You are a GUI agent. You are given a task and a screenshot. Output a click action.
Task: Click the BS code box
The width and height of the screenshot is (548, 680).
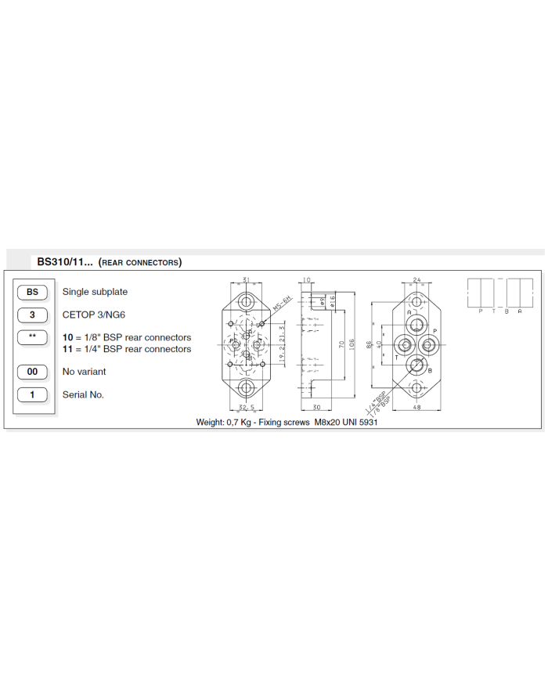pyautogui.click(x=32, y=292)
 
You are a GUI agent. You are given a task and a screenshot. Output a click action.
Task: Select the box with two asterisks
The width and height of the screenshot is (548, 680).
pyautogui.click(x=32, y=338)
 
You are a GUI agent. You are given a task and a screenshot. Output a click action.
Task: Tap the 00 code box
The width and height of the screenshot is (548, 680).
pyautogui.click(x=32, y=372)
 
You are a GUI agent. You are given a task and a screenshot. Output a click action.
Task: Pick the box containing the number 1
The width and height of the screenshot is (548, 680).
pyautogui.click(x=32, y=394)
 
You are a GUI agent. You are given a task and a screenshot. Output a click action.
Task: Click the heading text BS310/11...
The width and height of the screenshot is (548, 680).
pyautogui.click(x=65, y=261)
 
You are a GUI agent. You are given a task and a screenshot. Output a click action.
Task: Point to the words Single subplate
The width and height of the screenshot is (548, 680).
pyautogui.click(x=95, y=292)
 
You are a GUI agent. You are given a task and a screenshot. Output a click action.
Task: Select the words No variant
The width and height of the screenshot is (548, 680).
pyautogui.click(x=84, y=372)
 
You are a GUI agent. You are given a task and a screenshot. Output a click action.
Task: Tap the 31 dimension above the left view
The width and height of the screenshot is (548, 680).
pyautogui.click(x=246, y=279)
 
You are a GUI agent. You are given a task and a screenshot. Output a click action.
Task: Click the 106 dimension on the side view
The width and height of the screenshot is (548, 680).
pyautogui.click(x=354, y=344)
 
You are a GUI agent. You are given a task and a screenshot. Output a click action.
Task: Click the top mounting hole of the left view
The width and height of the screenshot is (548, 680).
pyautogui.click(x=247, y=302)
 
